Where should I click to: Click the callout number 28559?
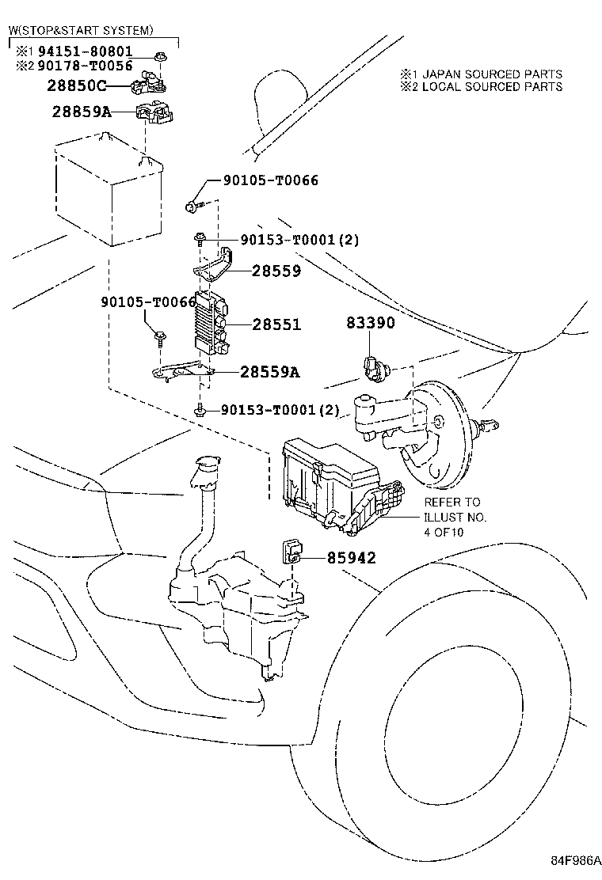coord(276,271)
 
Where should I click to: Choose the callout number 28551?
coord(276,324)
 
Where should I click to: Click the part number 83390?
coord(370,323)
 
